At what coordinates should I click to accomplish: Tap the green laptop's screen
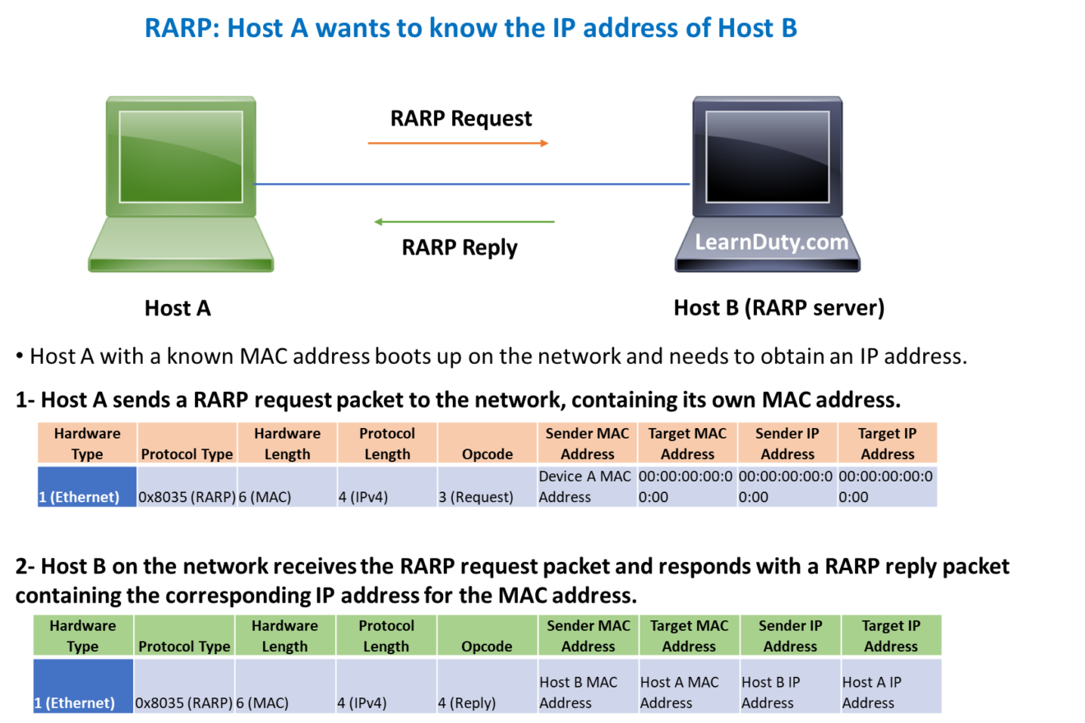coord(181,156)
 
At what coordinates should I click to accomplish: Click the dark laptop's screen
coord(768,156)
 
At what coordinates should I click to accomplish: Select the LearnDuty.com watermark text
coord(771,242)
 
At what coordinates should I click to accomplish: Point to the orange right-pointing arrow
coord(458,143)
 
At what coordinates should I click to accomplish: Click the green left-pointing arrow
coord(464,222)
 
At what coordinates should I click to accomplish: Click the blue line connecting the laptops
coord(473,184)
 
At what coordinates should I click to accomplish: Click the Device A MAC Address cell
coord(587,486)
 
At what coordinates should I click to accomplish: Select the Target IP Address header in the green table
coord(891,636)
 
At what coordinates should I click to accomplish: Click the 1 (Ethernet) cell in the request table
coord(86,486)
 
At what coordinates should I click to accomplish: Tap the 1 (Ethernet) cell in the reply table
coord(82,684)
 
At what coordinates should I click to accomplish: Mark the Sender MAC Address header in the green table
coord(588,636)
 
